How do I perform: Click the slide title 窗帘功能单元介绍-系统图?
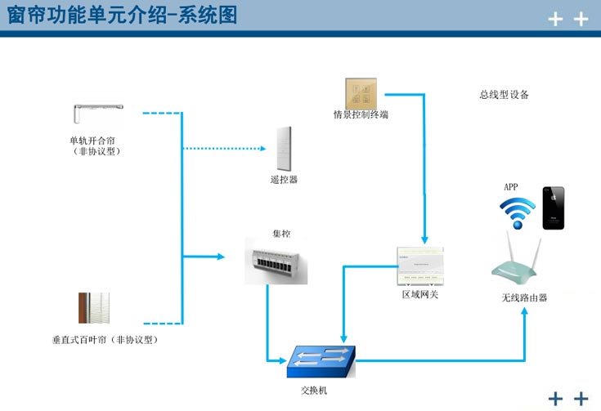pyautogui.click(x=122, y=16)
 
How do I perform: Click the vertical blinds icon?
pyautogui.click(x=93, y=309)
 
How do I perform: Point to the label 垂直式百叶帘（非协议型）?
pyautogui.click(x=104, y=339)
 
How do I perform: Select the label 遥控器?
pyautogui.click(x=284, y=179)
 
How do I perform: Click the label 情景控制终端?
pyautogui.click(x=361, y=115)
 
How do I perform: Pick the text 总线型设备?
pyautogui.click(x=504, y=95)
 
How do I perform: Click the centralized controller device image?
pyautogui.click(x=276, y=261)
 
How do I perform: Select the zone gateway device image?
pyautogui.click(x=419, y=266)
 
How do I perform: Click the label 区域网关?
pyautogui.click(x=419, y=294)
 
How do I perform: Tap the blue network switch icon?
pyautogui.click(x=321, y=360)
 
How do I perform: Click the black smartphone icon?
pyautogui.click(x=553, y=208)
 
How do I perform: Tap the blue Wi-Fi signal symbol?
pyautogui.click(x=517, y=214)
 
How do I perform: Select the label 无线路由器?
pyautogui.click(x=524, y=298)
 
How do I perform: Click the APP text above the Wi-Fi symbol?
pyautogui.click(x=510, y=187)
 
